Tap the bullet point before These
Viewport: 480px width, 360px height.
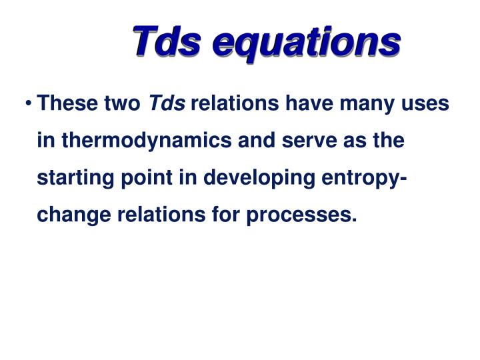pyautogui.click(x=30, y=105)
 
